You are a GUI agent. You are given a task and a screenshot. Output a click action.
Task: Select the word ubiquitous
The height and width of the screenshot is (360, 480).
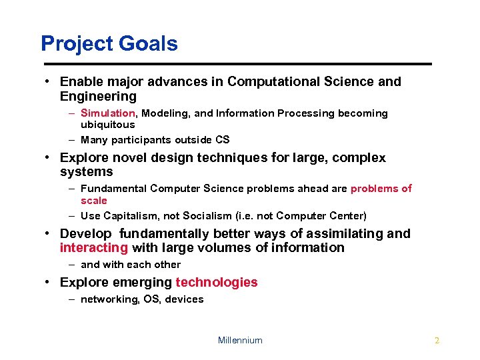(x=107, y=125)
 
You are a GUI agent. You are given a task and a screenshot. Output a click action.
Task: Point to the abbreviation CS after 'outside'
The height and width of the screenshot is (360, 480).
(x=223, y=140)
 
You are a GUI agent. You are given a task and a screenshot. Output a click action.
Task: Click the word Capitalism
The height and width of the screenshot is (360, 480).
(x=131, y=216)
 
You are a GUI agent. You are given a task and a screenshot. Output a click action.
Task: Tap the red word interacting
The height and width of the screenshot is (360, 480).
(x=94, y=248)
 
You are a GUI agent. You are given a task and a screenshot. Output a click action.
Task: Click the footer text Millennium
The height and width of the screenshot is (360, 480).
(x=240, y=340)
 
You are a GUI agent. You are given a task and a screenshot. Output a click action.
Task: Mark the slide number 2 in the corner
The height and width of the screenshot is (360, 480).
(x=437, y=340)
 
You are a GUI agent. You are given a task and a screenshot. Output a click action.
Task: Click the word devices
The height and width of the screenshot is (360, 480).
(x=184, y=299)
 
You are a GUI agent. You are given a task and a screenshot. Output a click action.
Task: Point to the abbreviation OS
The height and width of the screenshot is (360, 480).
(x=152, y=299)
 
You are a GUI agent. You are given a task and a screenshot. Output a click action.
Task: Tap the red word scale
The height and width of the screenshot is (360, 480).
(x=94, y=201)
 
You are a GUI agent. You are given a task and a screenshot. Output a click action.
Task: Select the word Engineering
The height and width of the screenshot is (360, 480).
(x=98, y=96)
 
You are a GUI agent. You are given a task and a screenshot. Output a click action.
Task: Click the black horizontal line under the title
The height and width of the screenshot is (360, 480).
(x=237, y=64)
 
